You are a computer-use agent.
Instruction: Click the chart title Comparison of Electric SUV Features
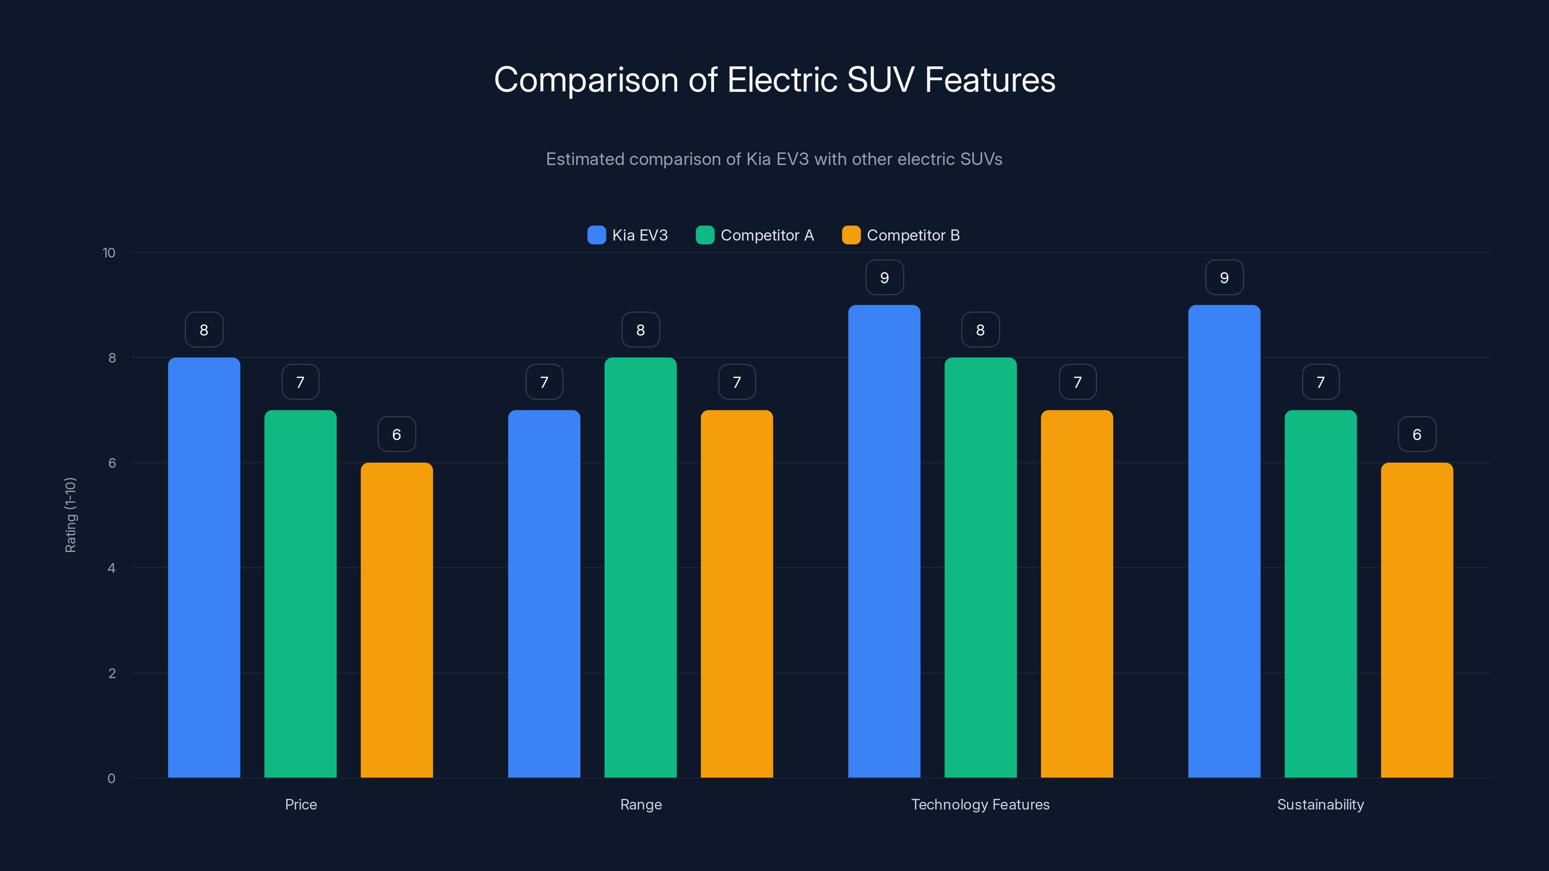[x=774, y=80]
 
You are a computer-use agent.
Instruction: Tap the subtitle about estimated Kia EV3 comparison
[x=774, y=159]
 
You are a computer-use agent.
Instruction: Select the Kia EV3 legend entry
[x=628, y=235]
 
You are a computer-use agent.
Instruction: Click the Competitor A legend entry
[x=755, y=235]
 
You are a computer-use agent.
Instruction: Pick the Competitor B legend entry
[x=901, y=235]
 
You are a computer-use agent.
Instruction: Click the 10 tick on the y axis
[x=109, y=253]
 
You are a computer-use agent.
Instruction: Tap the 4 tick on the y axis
[x=111, y=568]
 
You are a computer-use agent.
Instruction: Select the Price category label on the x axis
[x=301, y=804]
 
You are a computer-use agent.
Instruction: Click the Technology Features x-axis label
[x=980, y=804]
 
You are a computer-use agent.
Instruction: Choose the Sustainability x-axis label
[x=1321, y=804]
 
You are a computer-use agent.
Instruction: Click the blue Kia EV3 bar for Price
[x=204, y=568]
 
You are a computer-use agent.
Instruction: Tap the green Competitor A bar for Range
[x=640, y=568]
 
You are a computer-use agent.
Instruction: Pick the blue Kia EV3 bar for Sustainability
[x=1224, y=541]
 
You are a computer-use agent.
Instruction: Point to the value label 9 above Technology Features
[x=884, y=278]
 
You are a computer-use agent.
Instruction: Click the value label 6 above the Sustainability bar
[x=1417, y=435]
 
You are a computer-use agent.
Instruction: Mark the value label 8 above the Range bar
[x=640, y=330]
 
